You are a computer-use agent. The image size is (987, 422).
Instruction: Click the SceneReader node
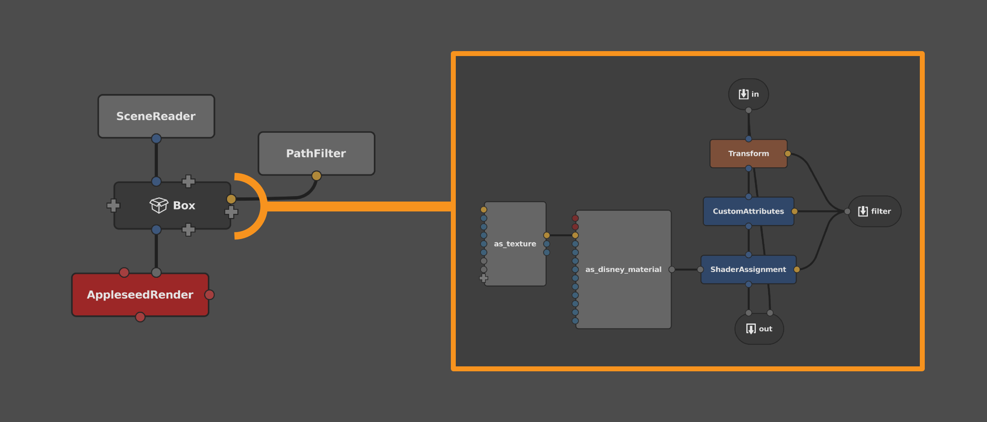point(156,116)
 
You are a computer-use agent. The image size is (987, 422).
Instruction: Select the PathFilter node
point(316,153)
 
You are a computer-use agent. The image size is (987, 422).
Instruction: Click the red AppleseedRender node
point(140,295)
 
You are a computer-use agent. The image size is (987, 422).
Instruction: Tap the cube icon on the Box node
point(159,205)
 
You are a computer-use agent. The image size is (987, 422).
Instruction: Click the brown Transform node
point(748,153)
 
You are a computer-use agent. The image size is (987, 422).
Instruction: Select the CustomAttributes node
point(748,211)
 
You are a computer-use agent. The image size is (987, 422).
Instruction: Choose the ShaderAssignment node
point(748,269)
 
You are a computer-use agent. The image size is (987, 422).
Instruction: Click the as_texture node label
point(515,244)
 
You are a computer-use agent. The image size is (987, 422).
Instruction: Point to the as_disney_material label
point(623,269)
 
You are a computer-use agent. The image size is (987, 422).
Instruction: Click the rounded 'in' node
point(748,94)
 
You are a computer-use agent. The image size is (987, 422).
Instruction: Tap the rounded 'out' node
point(759,328)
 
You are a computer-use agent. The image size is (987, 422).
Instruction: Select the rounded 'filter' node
point(874,211)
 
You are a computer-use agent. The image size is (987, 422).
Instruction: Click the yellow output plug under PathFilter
point(316,176)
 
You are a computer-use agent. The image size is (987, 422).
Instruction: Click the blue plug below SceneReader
point(156,138)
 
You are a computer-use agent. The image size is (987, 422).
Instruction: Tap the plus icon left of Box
point(113,205)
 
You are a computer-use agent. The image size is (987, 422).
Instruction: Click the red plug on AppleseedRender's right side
point(209,295)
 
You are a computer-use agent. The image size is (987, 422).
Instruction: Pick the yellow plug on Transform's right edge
point(788,153)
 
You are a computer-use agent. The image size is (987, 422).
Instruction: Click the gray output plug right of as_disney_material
point(672,269)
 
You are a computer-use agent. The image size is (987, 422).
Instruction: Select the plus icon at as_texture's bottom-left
point(484,278)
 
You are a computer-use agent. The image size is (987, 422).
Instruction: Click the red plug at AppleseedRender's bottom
point(140,317)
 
